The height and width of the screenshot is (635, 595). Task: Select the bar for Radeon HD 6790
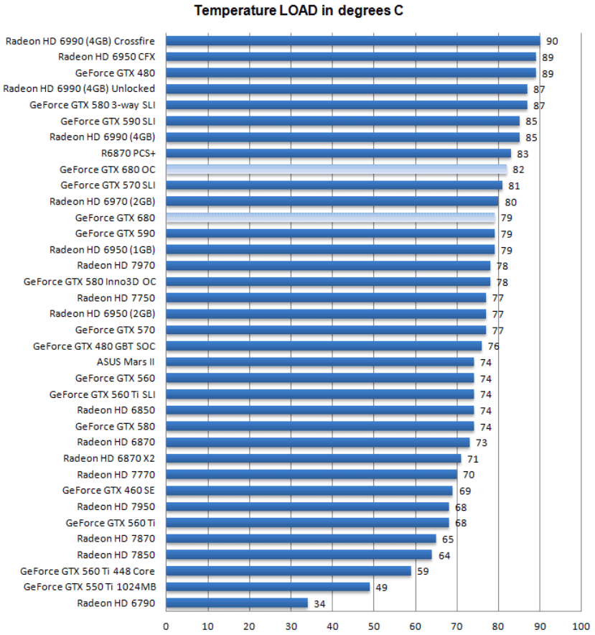click(x=237, y=603)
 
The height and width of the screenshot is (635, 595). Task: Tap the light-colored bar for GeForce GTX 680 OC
click(x=336, y=170)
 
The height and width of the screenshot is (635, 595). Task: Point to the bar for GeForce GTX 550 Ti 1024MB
click(x=268, y=587)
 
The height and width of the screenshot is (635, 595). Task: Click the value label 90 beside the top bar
click(x=551, y=42)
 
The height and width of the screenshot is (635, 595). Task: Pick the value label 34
click(x=319, y=603)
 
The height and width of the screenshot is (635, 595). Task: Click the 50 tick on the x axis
click(x=373, y=625)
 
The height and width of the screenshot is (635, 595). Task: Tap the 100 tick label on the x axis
click(x=581, y=625)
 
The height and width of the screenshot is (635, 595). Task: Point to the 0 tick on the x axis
click(x=166, y=625)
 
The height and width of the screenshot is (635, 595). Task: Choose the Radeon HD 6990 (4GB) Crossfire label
click(x=80, y=41)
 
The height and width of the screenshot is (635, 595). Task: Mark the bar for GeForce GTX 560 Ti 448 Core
click(x=289, y=571)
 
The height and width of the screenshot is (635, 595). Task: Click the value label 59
click(x=423, y=572)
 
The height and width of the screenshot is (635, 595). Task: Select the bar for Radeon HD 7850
click(x=299, y=555)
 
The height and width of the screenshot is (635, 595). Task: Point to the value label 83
click(x=523, y=154)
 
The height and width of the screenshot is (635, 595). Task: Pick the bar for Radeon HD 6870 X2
click(x=313, y=458)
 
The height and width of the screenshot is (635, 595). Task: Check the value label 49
click(x=382, y=588)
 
